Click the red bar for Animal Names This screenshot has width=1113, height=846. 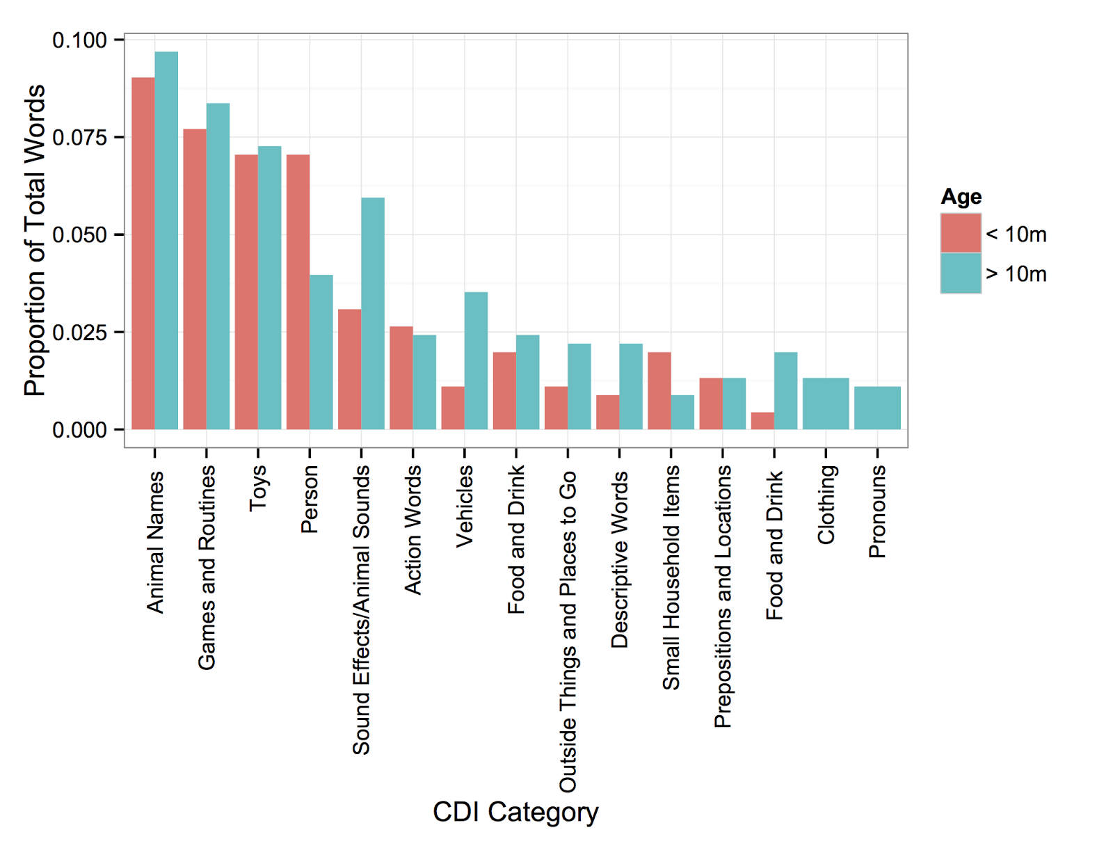(x=143, y=253)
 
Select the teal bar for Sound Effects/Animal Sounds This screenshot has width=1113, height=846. (x=373, y=313)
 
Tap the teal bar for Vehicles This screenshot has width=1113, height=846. (x=476, y=360)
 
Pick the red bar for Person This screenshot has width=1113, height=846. (x=298, y=292)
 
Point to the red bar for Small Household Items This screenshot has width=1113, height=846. (x=659, y=390)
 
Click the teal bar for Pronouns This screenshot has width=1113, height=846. (x=877, y=408)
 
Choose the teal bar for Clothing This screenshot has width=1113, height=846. (x=826, y=404)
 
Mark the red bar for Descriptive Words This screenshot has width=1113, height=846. (x=607, y=412)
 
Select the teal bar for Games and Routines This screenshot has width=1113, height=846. (x=218, y=266)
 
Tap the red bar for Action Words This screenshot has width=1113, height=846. (x=401, y=378)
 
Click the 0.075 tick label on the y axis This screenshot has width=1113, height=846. (x=79, y=138)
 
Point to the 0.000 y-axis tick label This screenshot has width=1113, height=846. (x=79, y=430)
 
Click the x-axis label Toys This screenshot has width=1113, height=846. (x=258, y=488)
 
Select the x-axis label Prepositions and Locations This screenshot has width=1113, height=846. (x=723, y=596)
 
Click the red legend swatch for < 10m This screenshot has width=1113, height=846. (x=961, y=234)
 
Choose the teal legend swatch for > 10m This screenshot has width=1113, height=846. (x=961, y=273)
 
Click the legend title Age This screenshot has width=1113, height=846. (x=961, y=197)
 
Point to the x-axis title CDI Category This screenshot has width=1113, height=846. (x=515, y=812)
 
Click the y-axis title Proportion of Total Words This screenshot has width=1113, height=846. (x=35, y=240)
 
